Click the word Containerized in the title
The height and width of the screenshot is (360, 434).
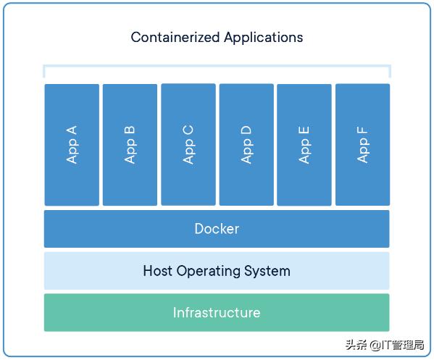(x=175, y=38)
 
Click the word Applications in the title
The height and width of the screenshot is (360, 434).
(x=264, y=38)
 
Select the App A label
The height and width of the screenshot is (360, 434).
(x=72, y=144)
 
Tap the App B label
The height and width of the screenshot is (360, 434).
(x=130, y=144)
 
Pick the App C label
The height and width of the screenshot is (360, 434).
(x=188, y=144)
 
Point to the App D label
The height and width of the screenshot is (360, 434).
(x=246, y=144)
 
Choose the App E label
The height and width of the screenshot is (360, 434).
(x=304, y=145)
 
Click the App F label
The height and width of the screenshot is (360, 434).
(x=362, y=145)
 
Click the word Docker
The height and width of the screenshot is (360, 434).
(x=217, y=229)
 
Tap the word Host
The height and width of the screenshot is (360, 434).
(x=157, y=271)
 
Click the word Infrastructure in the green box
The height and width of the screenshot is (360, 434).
(x=217, y=313)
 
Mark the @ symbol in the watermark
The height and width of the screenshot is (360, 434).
(x=375, y=346)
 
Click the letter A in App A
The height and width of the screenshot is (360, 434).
(x=72, y=130)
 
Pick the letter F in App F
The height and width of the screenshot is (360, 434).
(x=362, y=130)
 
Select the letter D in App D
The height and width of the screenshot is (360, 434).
(x=246, y=130)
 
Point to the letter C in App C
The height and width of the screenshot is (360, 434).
(x=188, y=130)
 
